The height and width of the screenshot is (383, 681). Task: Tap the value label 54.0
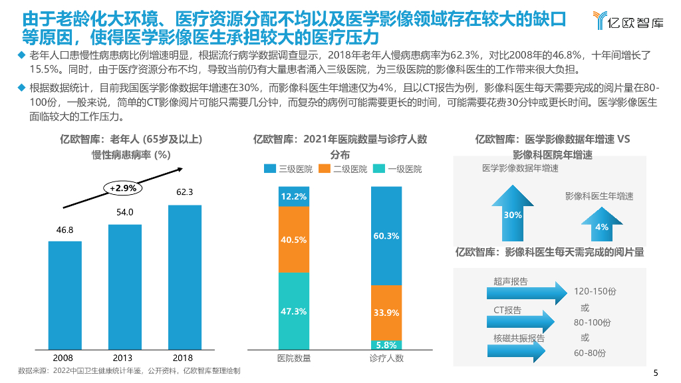125,213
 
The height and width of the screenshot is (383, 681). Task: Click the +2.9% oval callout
123,188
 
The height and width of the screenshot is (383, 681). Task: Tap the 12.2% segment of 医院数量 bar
294,196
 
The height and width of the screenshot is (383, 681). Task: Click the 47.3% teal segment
294,311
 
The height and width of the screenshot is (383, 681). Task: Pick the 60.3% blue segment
386,236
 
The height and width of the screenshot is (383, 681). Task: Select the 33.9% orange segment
386,313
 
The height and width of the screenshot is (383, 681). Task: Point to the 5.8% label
386,345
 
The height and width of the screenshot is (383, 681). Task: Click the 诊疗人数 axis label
386,358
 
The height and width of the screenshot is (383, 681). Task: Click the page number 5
656,372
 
